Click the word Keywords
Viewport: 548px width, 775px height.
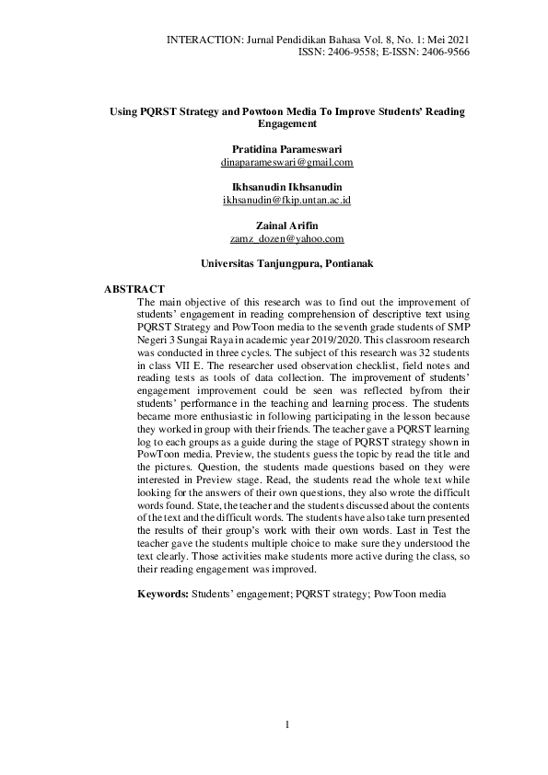tap(163, 595)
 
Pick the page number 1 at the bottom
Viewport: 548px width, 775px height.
tap(287, 724)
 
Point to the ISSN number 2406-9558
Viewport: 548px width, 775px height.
tap(349, 52)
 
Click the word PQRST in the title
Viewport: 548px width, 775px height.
tap(152, 111)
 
